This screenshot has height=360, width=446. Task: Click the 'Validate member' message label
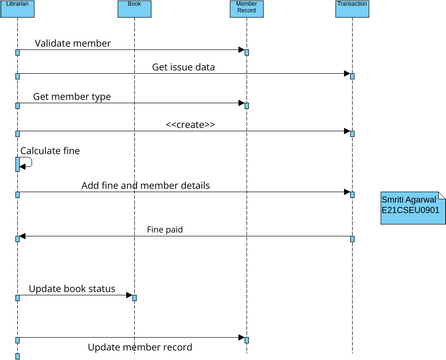pyautogui.click(x=72, y=44)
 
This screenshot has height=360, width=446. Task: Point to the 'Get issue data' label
pyautogui.click(x=183, y=67)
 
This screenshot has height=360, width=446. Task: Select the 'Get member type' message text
pyautogui.click(x=72, y=97)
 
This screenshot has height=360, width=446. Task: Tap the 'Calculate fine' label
pyautogui.click(x=50, y=151)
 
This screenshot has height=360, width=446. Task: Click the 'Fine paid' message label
pyautogui.click(x=165, y=230)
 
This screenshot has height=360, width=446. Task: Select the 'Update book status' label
pyautogui.click(x=72, y=289)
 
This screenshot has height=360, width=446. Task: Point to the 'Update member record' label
pyautogui.click(x=140, y=348)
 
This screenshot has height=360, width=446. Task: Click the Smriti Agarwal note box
pyautogui.click(x=412, y=207)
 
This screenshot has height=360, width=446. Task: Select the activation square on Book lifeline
pyautogui.click(x=134, y=297)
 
